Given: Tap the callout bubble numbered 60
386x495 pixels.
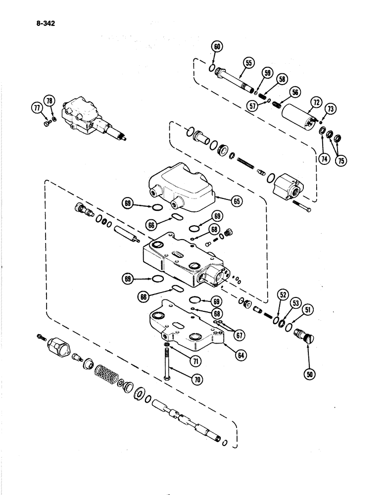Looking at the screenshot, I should coord(217,48).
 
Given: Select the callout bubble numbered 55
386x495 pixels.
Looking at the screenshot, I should coord(248,62).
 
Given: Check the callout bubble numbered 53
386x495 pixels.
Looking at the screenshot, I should coord(296,302).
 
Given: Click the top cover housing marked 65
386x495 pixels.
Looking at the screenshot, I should coord(183,187).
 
